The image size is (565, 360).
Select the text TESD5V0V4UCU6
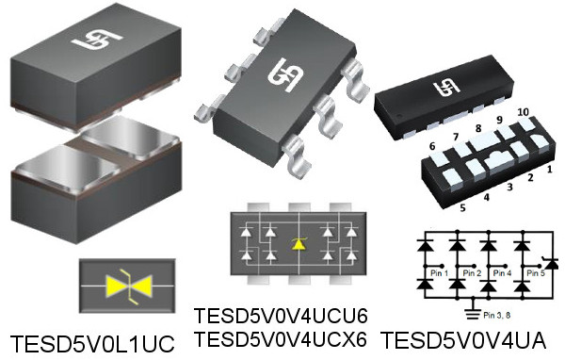click(280, 316)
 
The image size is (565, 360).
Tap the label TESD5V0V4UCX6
click(280, 337)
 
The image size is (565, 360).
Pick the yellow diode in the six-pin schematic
click(299, 243)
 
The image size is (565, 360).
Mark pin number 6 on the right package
click(432, 146)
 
